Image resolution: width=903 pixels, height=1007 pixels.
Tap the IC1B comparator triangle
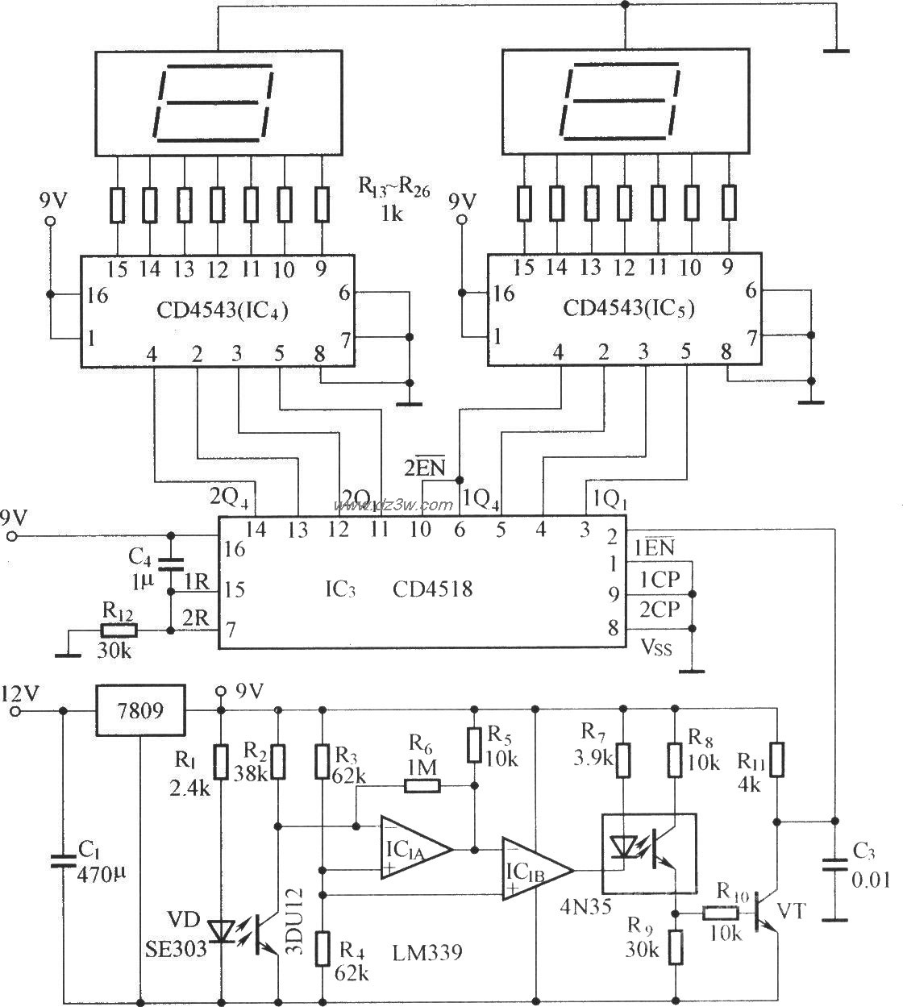click(x=535, y=868)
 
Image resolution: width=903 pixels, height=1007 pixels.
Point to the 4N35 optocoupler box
click(x=649, y=853)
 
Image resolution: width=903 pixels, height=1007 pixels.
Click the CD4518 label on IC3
click(x=432, y=589)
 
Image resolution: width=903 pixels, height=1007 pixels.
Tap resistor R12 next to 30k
click(x=119, y=631)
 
